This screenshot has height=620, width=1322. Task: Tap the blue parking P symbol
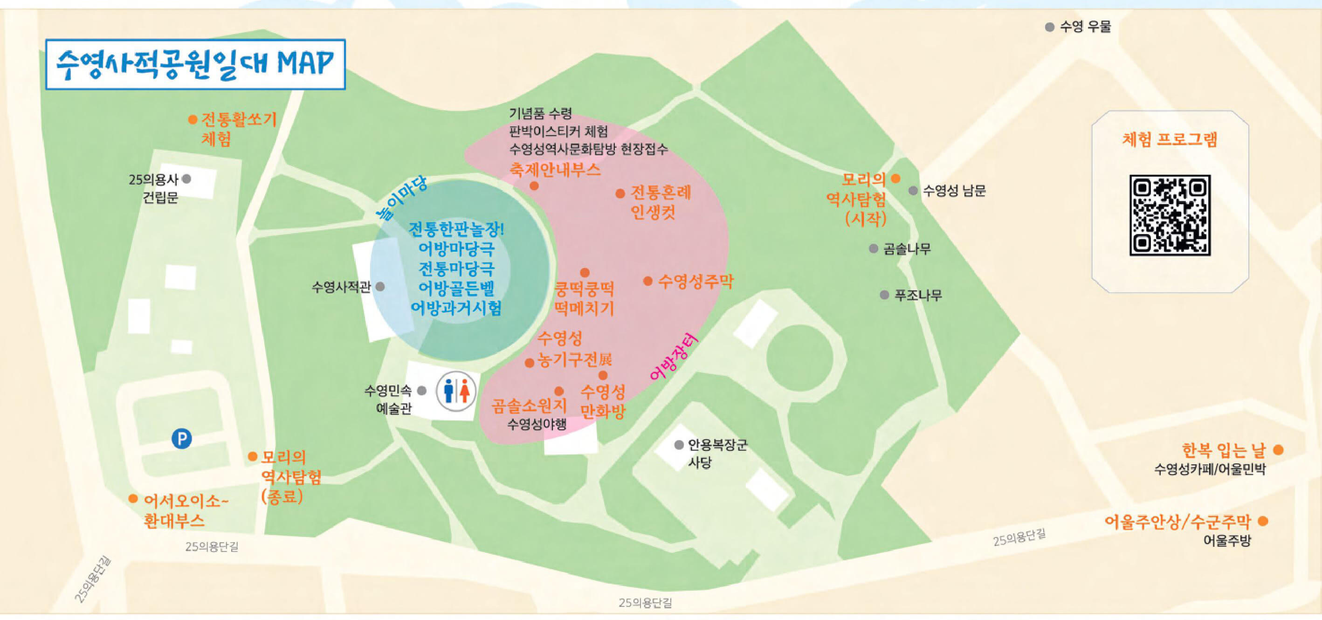click(x=181, y=439)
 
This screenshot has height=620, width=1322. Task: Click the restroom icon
click(x=456, y=392)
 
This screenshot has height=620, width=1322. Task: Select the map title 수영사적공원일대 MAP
click(x=195, y=64)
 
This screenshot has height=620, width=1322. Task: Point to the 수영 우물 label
click(x=1085, y=27)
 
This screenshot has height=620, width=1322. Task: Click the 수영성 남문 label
click(x=954, y=191)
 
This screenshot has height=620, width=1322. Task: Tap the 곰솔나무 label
click(x=906, y=249)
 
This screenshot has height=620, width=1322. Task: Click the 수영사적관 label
click(x=341, y=286)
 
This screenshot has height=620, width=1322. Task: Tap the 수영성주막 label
click(x=695, y=281)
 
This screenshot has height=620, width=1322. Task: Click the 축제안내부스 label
click(x=555, y=169)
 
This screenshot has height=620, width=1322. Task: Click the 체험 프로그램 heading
click(x=1170, y=139)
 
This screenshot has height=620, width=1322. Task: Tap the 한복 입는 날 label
click(x=1224, y=450)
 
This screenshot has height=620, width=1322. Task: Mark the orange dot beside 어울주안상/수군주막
click(x=1263, y=521)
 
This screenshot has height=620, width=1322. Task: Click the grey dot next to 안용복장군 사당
click(x=679, y=444)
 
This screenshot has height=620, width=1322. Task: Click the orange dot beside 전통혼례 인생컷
click(x=620, y=193)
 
